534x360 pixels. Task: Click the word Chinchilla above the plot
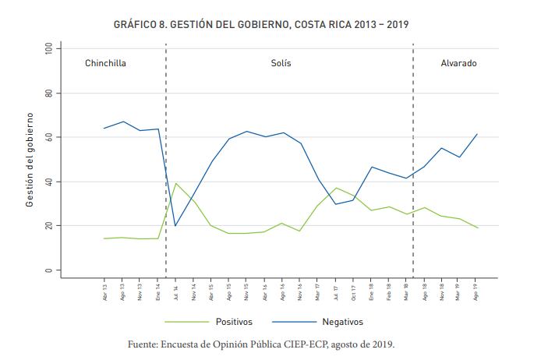(105, 62)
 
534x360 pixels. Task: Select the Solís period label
(281, 62)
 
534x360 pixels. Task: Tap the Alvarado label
(458, 62)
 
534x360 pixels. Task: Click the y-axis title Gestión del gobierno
(30, 160)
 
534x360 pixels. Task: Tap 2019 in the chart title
(395, 25)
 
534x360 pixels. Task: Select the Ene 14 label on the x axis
(157, 292)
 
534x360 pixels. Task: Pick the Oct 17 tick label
(352, 292)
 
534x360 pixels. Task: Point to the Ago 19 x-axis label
(476, 292)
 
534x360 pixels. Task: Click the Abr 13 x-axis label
(104, 292)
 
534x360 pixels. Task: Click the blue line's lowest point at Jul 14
(175, 226)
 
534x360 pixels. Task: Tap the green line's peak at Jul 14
(175, 183)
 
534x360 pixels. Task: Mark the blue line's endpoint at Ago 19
(476, 134)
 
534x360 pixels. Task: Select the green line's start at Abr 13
(104, 238)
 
